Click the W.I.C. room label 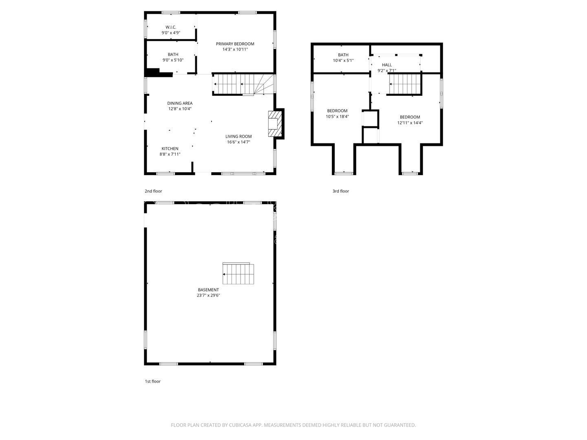tap(170, 27)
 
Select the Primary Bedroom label tap(235, 44)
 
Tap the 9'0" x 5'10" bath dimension tap(173, 60)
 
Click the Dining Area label tap(179, 103)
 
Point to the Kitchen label tap(170, 149)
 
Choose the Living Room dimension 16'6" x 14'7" tap(238, 142)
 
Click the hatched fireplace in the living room tap(274, 124)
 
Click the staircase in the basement tap(238, 274)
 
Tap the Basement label tap(208, 290)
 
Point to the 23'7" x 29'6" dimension tap(208, 295)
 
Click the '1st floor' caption tap(153, 381)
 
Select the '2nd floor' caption tap(153, 191)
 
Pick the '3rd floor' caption tap(341, 191)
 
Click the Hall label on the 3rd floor tap(387, 65)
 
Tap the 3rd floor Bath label tap(343, 55)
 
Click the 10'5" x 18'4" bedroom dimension tap(337, 116)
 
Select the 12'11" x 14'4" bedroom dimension tap(410, 122)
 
